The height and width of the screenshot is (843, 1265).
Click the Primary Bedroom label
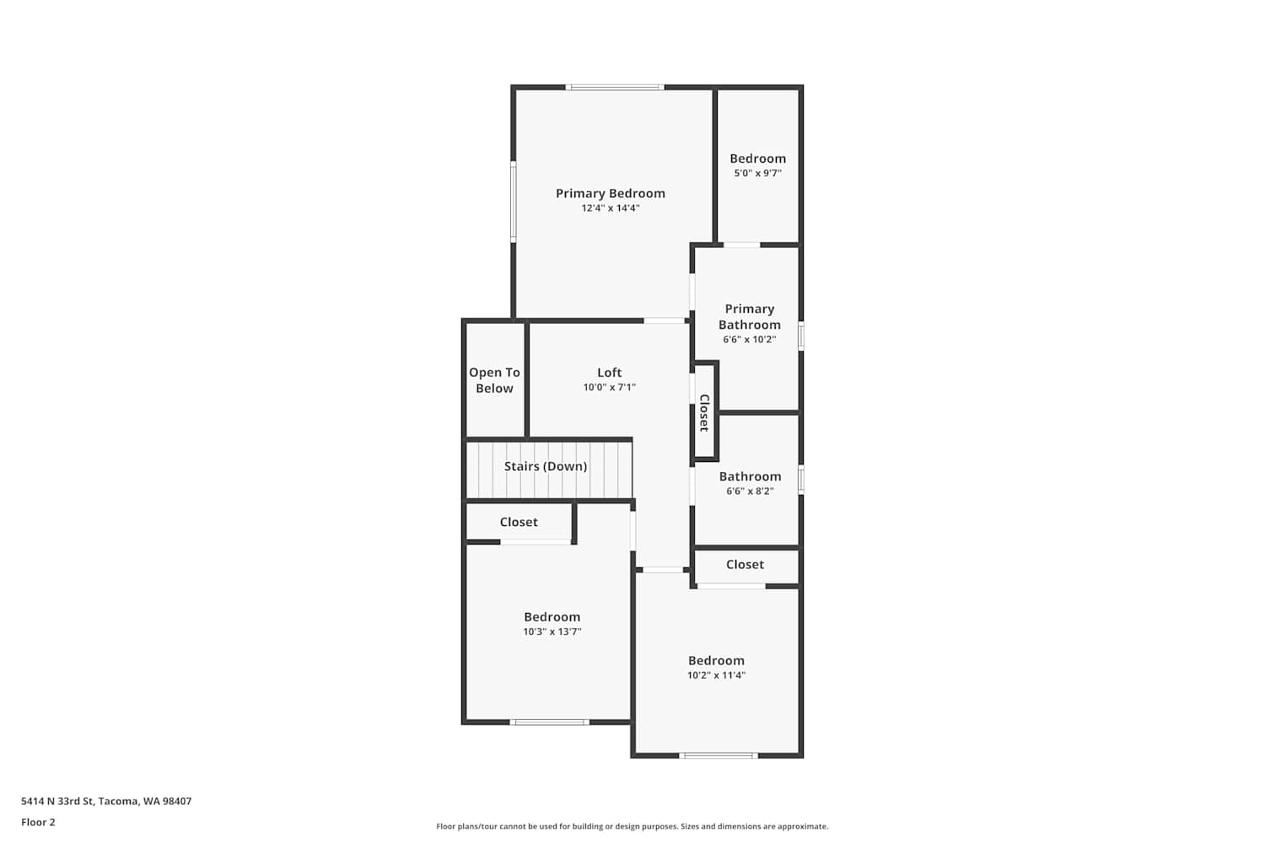pos(610,193)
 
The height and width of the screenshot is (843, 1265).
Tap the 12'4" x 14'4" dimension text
pos(610,207)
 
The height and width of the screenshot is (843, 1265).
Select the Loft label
pos(610,372)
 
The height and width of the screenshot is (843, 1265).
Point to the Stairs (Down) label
pos(546,466)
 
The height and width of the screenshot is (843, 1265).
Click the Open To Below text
pos(494,380)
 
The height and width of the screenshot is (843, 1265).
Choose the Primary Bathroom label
pos(750,316)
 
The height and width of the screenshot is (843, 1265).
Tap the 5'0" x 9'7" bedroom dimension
pos(757,173)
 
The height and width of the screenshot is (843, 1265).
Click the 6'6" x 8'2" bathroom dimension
pos(750,491)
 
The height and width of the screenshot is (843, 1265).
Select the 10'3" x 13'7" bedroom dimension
pos(552,631)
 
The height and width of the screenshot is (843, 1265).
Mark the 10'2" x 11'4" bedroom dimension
pos(716,674)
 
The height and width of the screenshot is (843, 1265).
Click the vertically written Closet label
pos(704,413)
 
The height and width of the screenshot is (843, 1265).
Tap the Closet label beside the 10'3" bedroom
pos(519,522)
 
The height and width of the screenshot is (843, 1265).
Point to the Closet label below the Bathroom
pos(745,564)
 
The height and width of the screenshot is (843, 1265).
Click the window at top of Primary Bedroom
pos(615,88)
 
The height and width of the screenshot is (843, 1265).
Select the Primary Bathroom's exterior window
pos(801,336)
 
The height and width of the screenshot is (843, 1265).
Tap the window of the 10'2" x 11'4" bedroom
pos(718,755)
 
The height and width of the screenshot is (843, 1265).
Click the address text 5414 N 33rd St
pos(57,801)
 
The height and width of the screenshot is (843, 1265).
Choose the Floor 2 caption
pos(39,822)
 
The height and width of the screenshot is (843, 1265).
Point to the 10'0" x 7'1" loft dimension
pos(610,387)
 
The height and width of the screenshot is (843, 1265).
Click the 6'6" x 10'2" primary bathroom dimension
pos(750,340)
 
